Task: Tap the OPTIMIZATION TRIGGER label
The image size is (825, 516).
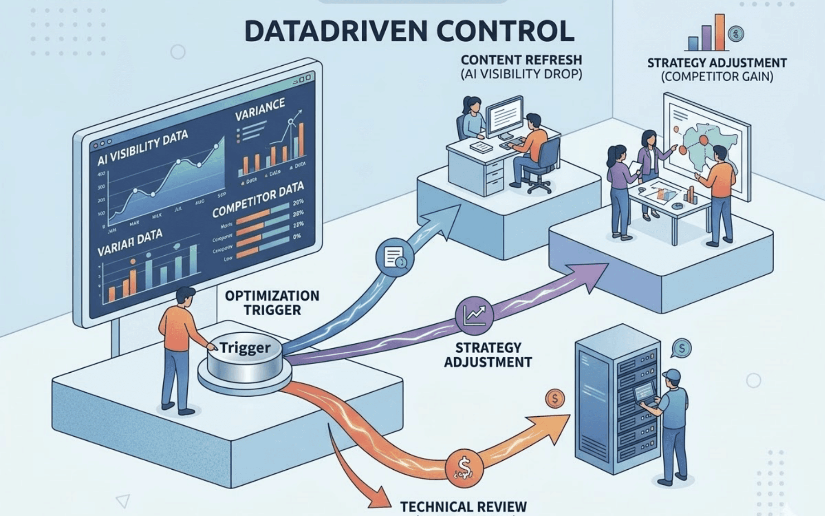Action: [x=272, y=303]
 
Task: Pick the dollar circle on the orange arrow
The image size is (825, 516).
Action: [x=464, y=467]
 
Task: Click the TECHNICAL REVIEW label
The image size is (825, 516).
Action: [x=463, y=506]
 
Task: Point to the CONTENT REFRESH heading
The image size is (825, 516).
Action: [x=521, y=60]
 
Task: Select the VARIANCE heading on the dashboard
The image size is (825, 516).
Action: [x=260, y=109]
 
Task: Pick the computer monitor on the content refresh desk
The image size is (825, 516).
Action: [x=504, y=117]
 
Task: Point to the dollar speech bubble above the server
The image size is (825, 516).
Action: [x=682, y=348]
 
